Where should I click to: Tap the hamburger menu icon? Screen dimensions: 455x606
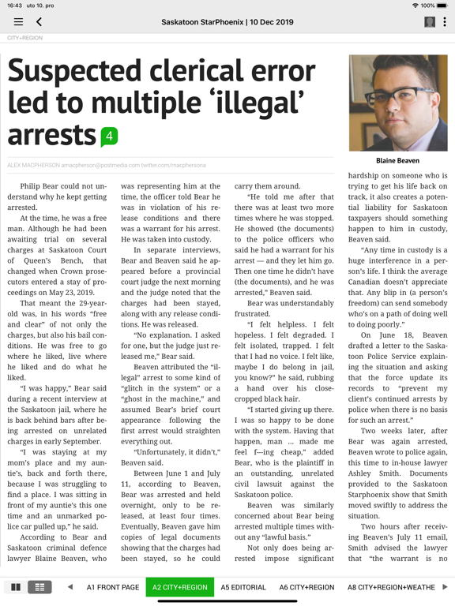(18, 22)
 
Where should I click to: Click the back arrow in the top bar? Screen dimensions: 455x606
(39, 22)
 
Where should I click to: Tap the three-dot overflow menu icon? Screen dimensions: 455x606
(444, 22)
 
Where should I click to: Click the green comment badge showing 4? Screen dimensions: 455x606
(109, 137)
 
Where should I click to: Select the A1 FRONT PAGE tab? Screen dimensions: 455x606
(113, 588)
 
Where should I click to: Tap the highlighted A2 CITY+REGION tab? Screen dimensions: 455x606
(180, 588)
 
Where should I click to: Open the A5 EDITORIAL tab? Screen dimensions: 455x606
(243, 588)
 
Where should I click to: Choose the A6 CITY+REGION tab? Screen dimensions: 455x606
(306, 588)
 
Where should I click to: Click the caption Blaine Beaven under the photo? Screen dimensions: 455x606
(397, 160)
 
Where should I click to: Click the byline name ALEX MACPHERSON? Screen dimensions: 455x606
(32, 165)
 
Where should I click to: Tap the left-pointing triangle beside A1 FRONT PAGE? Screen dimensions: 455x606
(70, 588)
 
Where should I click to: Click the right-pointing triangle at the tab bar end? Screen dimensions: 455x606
(445, 588)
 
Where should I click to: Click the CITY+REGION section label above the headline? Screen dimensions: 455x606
(24, 38)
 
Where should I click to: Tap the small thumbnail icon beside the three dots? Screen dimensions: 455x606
(430, 22)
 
